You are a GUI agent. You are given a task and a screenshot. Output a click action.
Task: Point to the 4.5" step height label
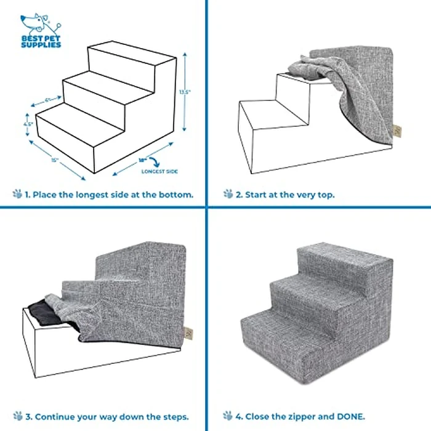click(28, 123)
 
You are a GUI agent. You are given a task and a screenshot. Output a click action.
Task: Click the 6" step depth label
click(47, 99)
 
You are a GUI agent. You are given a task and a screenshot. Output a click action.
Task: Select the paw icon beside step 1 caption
click(17, 194)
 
